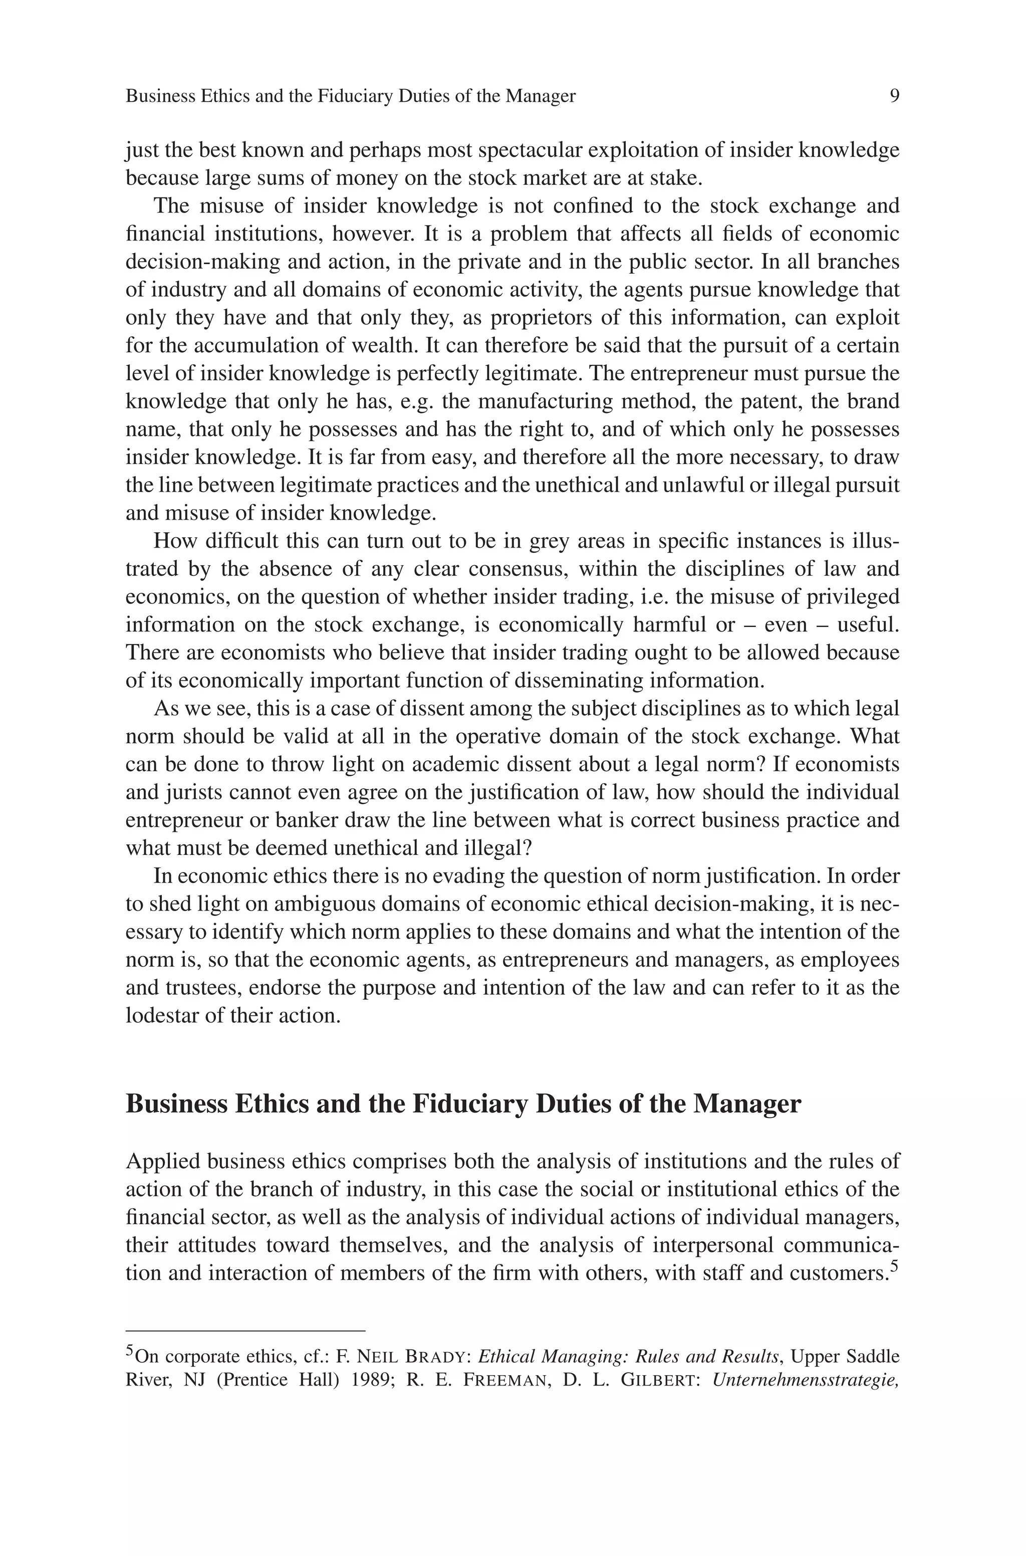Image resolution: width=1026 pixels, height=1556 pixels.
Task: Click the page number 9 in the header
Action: coord(894,96)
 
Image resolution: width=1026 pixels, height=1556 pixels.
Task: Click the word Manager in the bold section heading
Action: coord(746,1104)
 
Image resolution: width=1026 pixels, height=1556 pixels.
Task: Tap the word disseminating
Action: coord(579,681)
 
